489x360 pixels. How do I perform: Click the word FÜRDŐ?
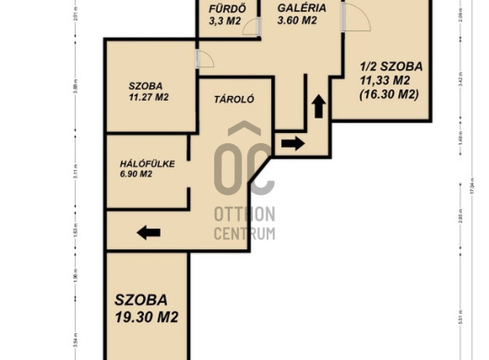pyautogui.click(x=225, y=6)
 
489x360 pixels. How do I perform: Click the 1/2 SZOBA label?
pyautogui.click(x=391, y=66)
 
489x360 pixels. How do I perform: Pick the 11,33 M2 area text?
pyautogui.click(x=390, y=80)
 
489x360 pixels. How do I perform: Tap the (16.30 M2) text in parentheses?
pyautogui.click(x=390, y=94)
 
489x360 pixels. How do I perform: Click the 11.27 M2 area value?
pyautogui.click(x=148, y=97)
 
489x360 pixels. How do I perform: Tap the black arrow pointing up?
pyautogui.click(x=318, y=106)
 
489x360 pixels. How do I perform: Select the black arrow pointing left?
pyautogui.click(x=149, y=232)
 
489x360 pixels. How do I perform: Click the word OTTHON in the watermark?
pyautogui.click(x=244, y=214)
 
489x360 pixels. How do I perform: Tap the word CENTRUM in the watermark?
pyautogui.click(x=244, y=234)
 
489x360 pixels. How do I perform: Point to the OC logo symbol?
pyautogui.click(x=244, y=166)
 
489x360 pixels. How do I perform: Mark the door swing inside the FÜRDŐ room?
pyautogui.click(x=251, y=26)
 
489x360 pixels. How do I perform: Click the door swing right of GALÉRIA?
pyautogui.click(x=355, y=17)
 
